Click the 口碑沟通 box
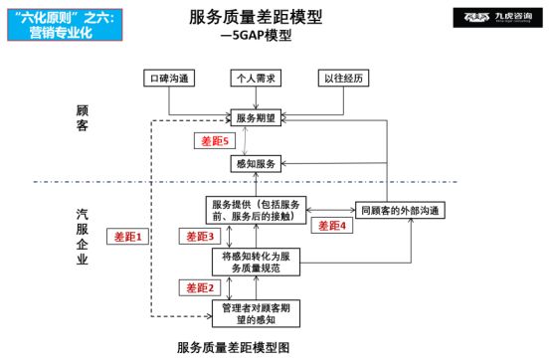click(x=167, y=78)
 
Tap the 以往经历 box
click(x=342, y=78)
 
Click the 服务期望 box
click(x=256, y=118)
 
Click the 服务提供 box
click(x=256, y=210)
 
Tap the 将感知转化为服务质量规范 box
click(x=256, y=261)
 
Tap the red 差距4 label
click(x=331, y=226)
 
